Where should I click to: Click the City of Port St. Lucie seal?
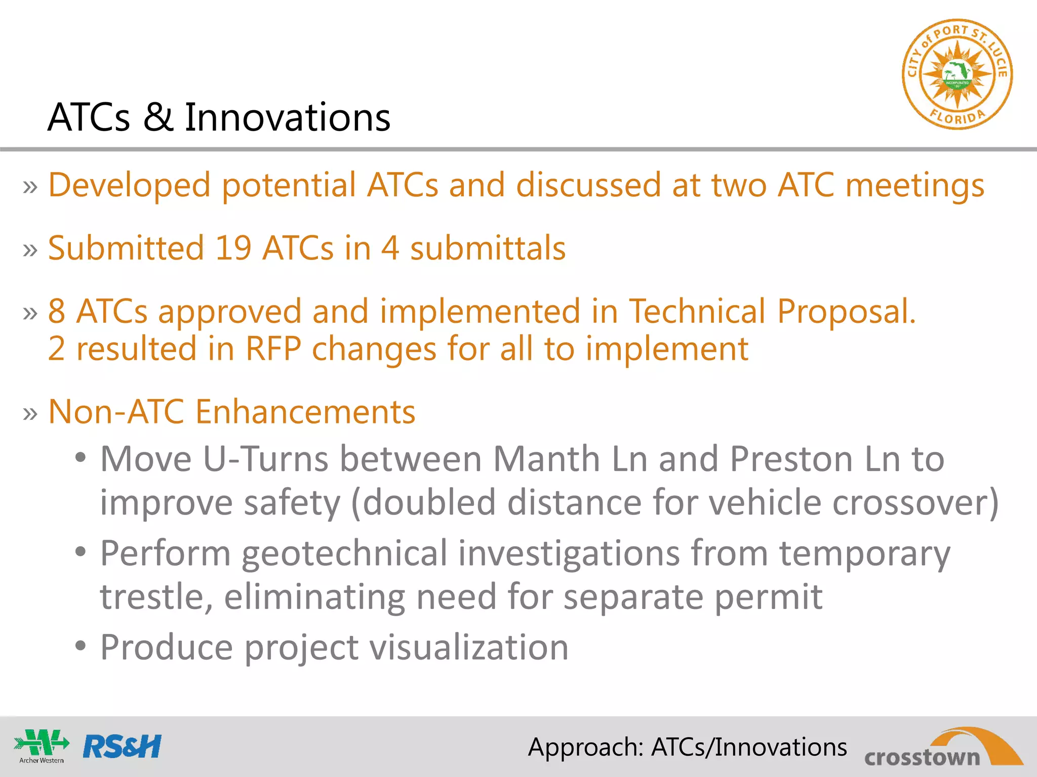pos(957,74)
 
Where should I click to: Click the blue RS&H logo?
pos(122,747)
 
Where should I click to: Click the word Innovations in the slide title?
pos(287,117)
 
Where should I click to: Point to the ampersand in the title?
pos(157,117)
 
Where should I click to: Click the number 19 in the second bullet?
pos(233,248)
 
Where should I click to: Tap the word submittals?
pos(488,248)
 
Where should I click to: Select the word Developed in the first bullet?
pos(129,185)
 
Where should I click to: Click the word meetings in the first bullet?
pos(914,185)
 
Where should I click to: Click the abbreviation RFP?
pos(273,349)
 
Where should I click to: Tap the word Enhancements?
pos(305,412)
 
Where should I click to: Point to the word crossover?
pos(914,503)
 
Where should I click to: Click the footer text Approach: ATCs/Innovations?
pos(687,747)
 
